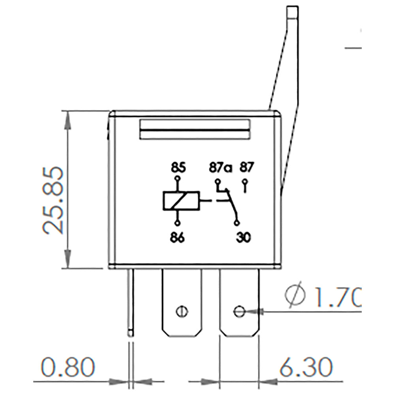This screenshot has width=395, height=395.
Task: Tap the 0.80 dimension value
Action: [68, 367]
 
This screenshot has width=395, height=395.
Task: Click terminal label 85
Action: [178, 167]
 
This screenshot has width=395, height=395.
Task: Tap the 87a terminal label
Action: [220, 167]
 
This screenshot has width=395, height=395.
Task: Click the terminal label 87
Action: [246, 167]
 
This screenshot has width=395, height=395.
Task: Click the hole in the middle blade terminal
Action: [181, 310]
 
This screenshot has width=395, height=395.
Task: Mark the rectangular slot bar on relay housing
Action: [195, 130]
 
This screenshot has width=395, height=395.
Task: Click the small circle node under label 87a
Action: [217, 182]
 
